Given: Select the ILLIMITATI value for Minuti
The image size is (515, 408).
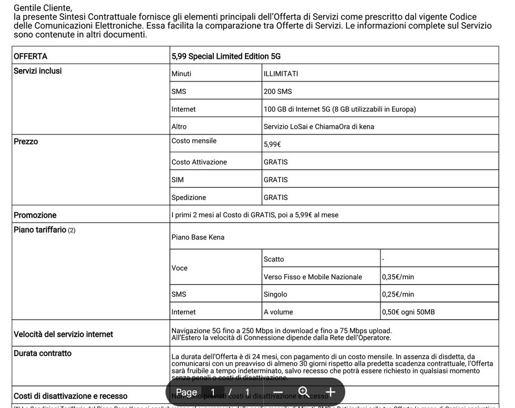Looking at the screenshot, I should click(x=281, y=74).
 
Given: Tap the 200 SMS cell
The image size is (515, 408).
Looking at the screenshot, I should click(x=277, y=91).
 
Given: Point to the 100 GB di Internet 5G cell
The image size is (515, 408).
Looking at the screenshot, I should click(x=339, y=109).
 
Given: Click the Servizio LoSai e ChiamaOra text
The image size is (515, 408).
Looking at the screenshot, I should click(x=318, y=127).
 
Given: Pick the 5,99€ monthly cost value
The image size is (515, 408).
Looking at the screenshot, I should click(x=272, y=144).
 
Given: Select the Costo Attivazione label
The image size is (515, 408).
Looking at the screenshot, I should click(x=199, y=162).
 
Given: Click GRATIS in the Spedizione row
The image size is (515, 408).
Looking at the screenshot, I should click(x=275, y=197).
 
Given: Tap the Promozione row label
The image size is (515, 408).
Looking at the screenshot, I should click(x=35, y=215).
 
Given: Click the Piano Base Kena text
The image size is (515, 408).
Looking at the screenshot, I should click(x=198, y=237).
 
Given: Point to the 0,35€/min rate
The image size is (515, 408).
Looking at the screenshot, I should click(x=398, y=277).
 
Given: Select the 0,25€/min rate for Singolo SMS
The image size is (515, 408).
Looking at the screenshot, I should click(x=398, y=295).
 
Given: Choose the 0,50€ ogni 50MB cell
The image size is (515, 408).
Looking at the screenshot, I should click(x=408, y=312).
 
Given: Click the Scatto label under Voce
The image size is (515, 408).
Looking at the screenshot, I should click(x=273, y=259).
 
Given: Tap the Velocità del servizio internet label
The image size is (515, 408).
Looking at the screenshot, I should click(x=63, y=334).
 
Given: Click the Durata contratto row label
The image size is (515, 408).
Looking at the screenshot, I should click(x=42, y=353).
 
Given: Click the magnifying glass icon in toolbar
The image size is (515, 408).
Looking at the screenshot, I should click(x=304, y=392).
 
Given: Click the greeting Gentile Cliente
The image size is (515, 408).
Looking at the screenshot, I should click(x=42, y=8).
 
